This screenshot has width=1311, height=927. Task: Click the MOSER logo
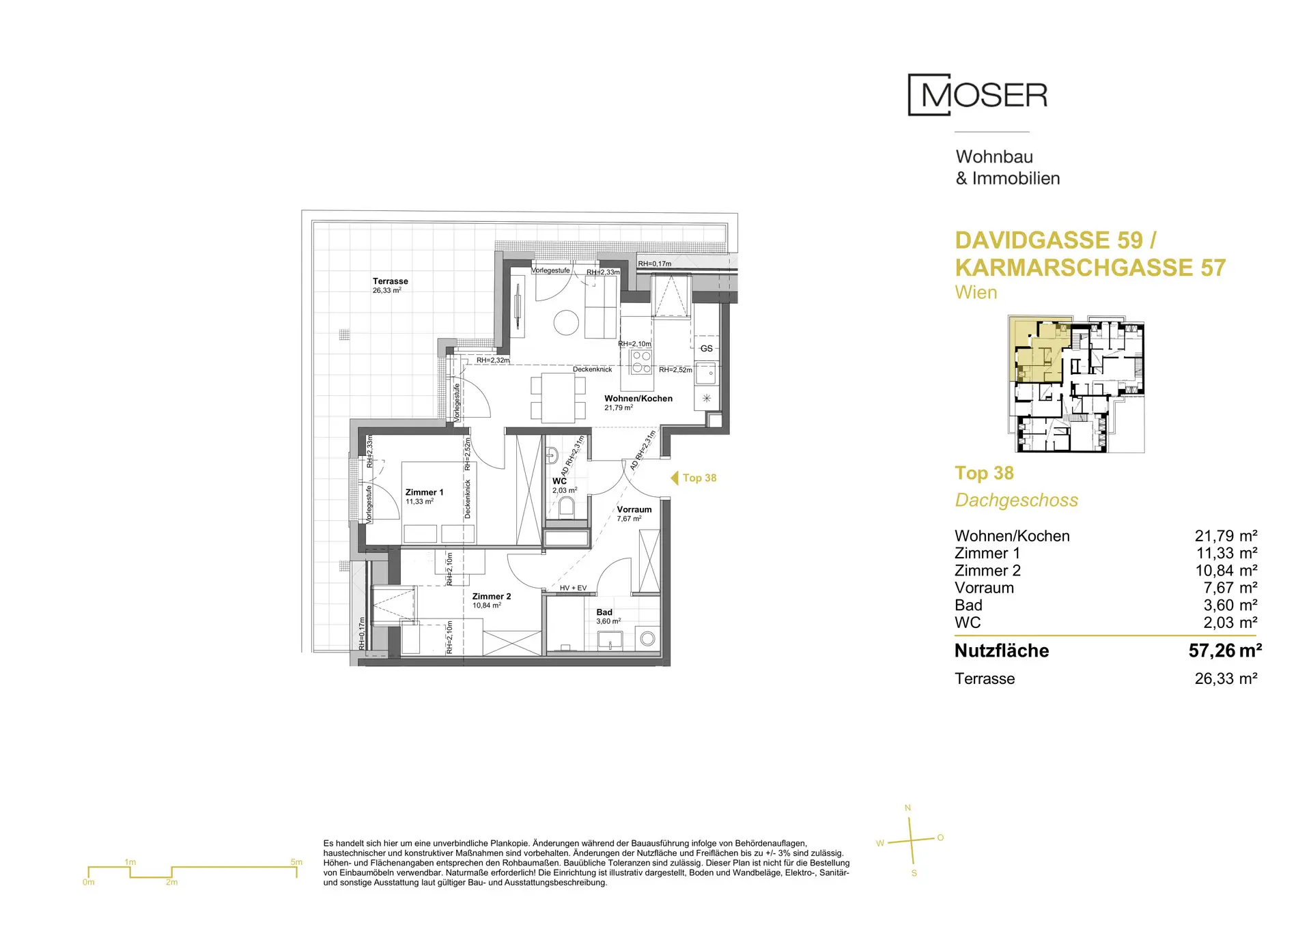(x=978, y=95)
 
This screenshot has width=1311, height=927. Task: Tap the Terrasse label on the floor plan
(x=391, y=281)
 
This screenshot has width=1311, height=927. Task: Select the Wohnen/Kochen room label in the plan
(x=638, y=399)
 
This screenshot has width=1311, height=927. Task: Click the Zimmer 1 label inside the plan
(x=424, y=492)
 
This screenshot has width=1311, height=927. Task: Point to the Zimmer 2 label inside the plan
(x=492, y=597)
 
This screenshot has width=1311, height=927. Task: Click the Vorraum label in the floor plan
(x=634, y=510)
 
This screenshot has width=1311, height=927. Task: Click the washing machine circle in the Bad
(x=648, y=639)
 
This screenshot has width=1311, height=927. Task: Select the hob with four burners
(x=641, y=362)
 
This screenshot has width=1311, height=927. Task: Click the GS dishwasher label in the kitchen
(x=707, y=349)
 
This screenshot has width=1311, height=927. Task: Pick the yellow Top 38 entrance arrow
(x=674, y=478)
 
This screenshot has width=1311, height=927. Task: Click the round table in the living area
(x=566, y=323)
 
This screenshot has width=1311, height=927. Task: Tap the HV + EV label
(x=573, y=588)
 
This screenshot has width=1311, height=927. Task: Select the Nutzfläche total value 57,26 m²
(x=1225, y=651)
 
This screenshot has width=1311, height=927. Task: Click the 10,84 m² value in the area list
(x=1226, y=571)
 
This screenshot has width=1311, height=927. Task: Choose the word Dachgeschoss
(x=1016, y=500)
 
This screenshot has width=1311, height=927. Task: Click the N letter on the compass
(x=907, y=808)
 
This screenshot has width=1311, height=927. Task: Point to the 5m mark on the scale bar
(x=296, y=862)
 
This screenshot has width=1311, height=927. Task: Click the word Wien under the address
(x=976, y=293)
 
